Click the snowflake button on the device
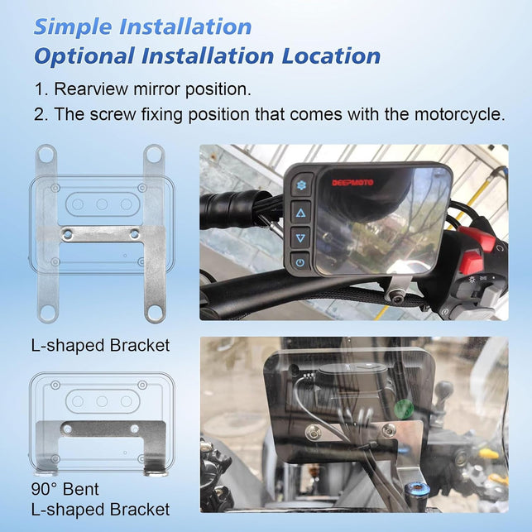(x=300, y=185)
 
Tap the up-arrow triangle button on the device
(x=300, y=213)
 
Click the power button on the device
(x=300, y=262)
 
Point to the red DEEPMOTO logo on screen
(x=352, y=183)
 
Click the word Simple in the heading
(x=73, y=27)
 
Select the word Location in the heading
(x=331, y=56)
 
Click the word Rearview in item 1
(x=91, y=89)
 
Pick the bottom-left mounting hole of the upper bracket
(x=47, y=313)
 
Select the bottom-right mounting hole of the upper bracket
(x=155, y=313)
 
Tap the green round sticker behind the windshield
(x=404, y=409)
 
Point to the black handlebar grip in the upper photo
(x=234, y=209)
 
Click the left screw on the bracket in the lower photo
(x=314, y=433)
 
